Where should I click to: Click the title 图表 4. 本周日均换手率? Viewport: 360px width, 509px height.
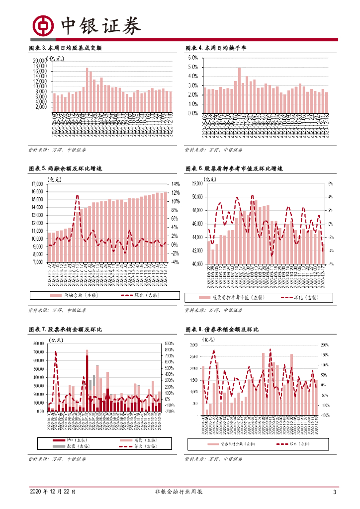[x=216, y=48]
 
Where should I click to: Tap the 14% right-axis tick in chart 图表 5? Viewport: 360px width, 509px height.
[x=175, y=184]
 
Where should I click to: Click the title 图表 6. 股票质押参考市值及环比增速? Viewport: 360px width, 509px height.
[x=234, y=169]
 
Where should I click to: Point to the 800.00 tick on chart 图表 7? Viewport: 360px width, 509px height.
[x=37, y=343]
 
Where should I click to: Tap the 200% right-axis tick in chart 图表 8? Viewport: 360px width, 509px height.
[x=325, y=344]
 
